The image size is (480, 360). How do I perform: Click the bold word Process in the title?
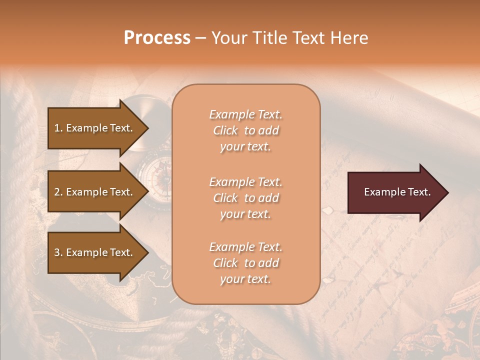pos(157,38)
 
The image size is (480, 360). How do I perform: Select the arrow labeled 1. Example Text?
pos(95,128)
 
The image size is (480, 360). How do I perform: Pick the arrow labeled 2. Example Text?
pos(95,192)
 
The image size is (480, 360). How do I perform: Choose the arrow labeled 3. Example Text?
pos(95,252)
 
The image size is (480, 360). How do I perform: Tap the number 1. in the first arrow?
pos(58,128)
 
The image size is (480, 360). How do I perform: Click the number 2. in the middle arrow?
pos(58,192)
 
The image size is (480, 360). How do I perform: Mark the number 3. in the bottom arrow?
pos(58,252)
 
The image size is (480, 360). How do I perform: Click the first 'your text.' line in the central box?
pos(245,146)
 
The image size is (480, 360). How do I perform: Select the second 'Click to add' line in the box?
pos(245,198)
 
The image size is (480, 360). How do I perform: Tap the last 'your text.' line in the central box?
pos(245,279)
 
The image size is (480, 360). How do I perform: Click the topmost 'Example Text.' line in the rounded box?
pos(245,114)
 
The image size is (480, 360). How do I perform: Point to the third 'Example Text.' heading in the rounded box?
pos(245,247)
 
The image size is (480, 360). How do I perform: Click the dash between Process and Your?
pos(200,38)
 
